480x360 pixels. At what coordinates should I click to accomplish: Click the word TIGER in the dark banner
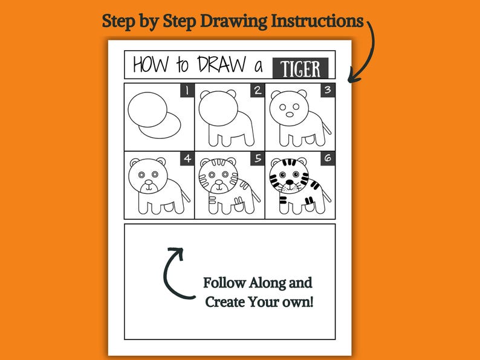click(300, 68)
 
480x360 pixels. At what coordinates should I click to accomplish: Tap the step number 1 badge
click(187, 91)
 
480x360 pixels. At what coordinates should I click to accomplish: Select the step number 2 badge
click(258, 91)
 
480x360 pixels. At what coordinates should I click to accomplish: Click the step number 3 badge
click(328, 91)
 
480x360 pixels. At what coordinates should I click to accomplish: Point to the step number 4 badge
click(187, 159)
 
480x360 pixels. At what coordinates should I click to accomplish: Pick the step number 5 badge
click(258, 159)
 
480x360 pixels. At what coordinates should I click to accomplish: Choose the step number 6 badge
click(328, 159)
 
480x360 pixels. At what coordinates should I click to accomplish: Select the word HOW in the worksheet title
click(151, 65)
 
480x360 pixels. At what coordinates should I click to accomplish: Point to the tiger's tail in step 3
click(326, 127)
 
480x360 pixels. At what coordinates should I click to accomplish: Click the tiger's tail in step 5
click(256, 195)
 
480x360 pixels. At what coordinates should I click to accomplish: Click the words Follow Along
click(258, 283)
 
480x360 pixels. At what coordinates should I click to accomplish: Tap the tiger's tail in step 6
click(326, 195)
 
